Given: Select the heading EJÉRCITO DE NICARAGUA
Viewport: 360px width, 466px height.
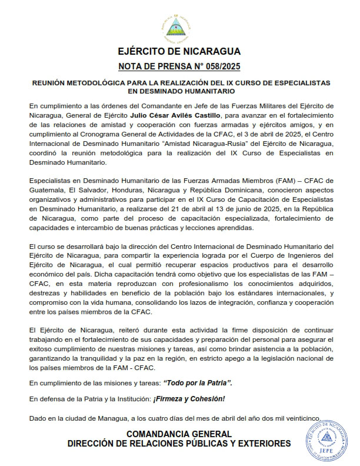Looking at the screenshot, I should (179, 51).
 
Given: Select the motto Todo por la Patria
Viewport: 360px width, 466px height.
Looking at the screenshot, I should (197, 383).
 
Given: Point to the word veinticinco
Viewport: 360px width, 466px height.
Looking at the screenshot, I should (299, 418).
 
